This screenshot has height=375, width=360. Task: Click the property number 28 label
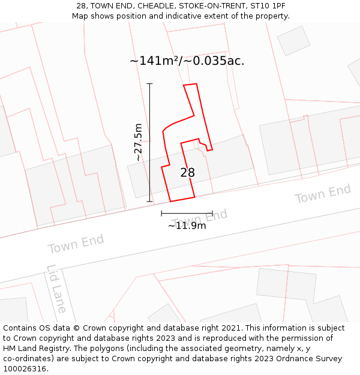pos(187,173)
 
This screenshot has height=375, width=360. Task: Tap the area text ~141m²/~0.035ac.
pos(187,61)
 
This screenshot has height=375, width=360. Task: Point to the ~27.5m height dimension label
pos(138,143)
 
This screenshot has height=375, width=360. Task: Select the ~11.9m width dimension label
pos(187,226)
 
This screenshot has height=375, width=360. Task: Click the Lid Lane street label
pos(57,289)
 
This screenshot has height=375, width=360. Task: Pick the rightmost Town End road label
pos(323,194)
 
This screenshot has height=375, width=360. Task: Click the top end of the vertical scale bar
pos(149,84)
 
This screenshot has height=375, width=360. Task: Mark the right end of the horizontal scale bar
pos(212,213)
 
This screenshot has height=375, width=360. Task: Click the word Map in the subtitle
pos(80,16)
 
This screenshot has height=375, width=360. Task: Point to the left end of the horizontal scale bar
pos(161,213)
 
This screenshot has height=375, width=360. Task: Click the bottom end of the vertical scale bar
pos(149,202)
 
